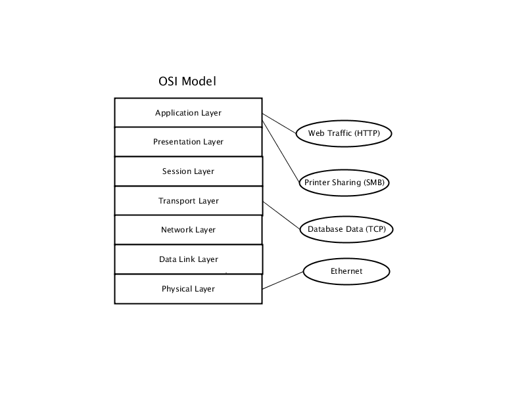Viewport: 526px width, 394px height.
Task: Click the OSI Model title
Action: coord(187,81)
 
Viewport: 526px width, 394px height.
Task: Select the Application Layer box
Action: coord(188,112)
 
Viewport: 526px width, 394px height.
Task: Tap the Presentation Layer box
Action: coord(188,142)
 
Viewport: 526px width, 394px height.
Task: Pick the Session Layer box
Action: coord(189,171)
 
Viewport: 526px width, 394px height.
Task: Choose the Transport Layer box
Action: coord(189,201)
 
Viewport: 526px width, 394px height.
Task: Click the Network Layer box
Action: coord(188,230)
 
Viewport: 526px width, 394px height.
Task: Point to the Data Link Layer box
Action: coord(189,259)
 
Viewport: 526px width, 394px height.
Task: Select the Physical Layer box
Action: coord(188,289)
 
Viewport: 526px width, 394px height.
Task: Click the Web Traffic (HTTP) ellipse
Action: coord(344,133)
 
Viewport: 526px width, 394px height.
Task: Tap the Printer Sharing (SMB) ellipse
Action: coord(344,183)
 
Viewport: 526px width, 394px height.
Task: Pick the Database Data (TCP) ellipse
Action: coord(347,229)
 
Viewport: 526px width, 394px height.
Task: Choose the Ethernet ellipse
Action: coord(347,271)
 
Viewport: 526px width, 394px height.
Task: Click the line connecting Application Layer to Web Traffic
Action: coord(279,123)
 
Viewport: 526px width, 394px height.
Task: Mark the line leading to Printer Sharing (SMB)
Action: coord(281,152)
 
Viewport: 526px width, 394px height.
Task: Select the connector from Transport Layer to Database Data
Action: coord(282,215)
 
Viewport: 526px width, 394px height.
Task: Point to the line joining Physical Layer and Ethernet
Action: coord(283,280)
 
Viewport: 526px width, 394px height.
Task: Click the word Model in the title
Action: coord(199,81)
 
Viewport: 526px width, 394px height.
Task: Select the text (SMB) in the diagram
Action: coord(373,183)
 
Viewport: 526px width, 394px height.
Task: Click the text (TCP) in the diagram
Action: coord(375,229)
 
